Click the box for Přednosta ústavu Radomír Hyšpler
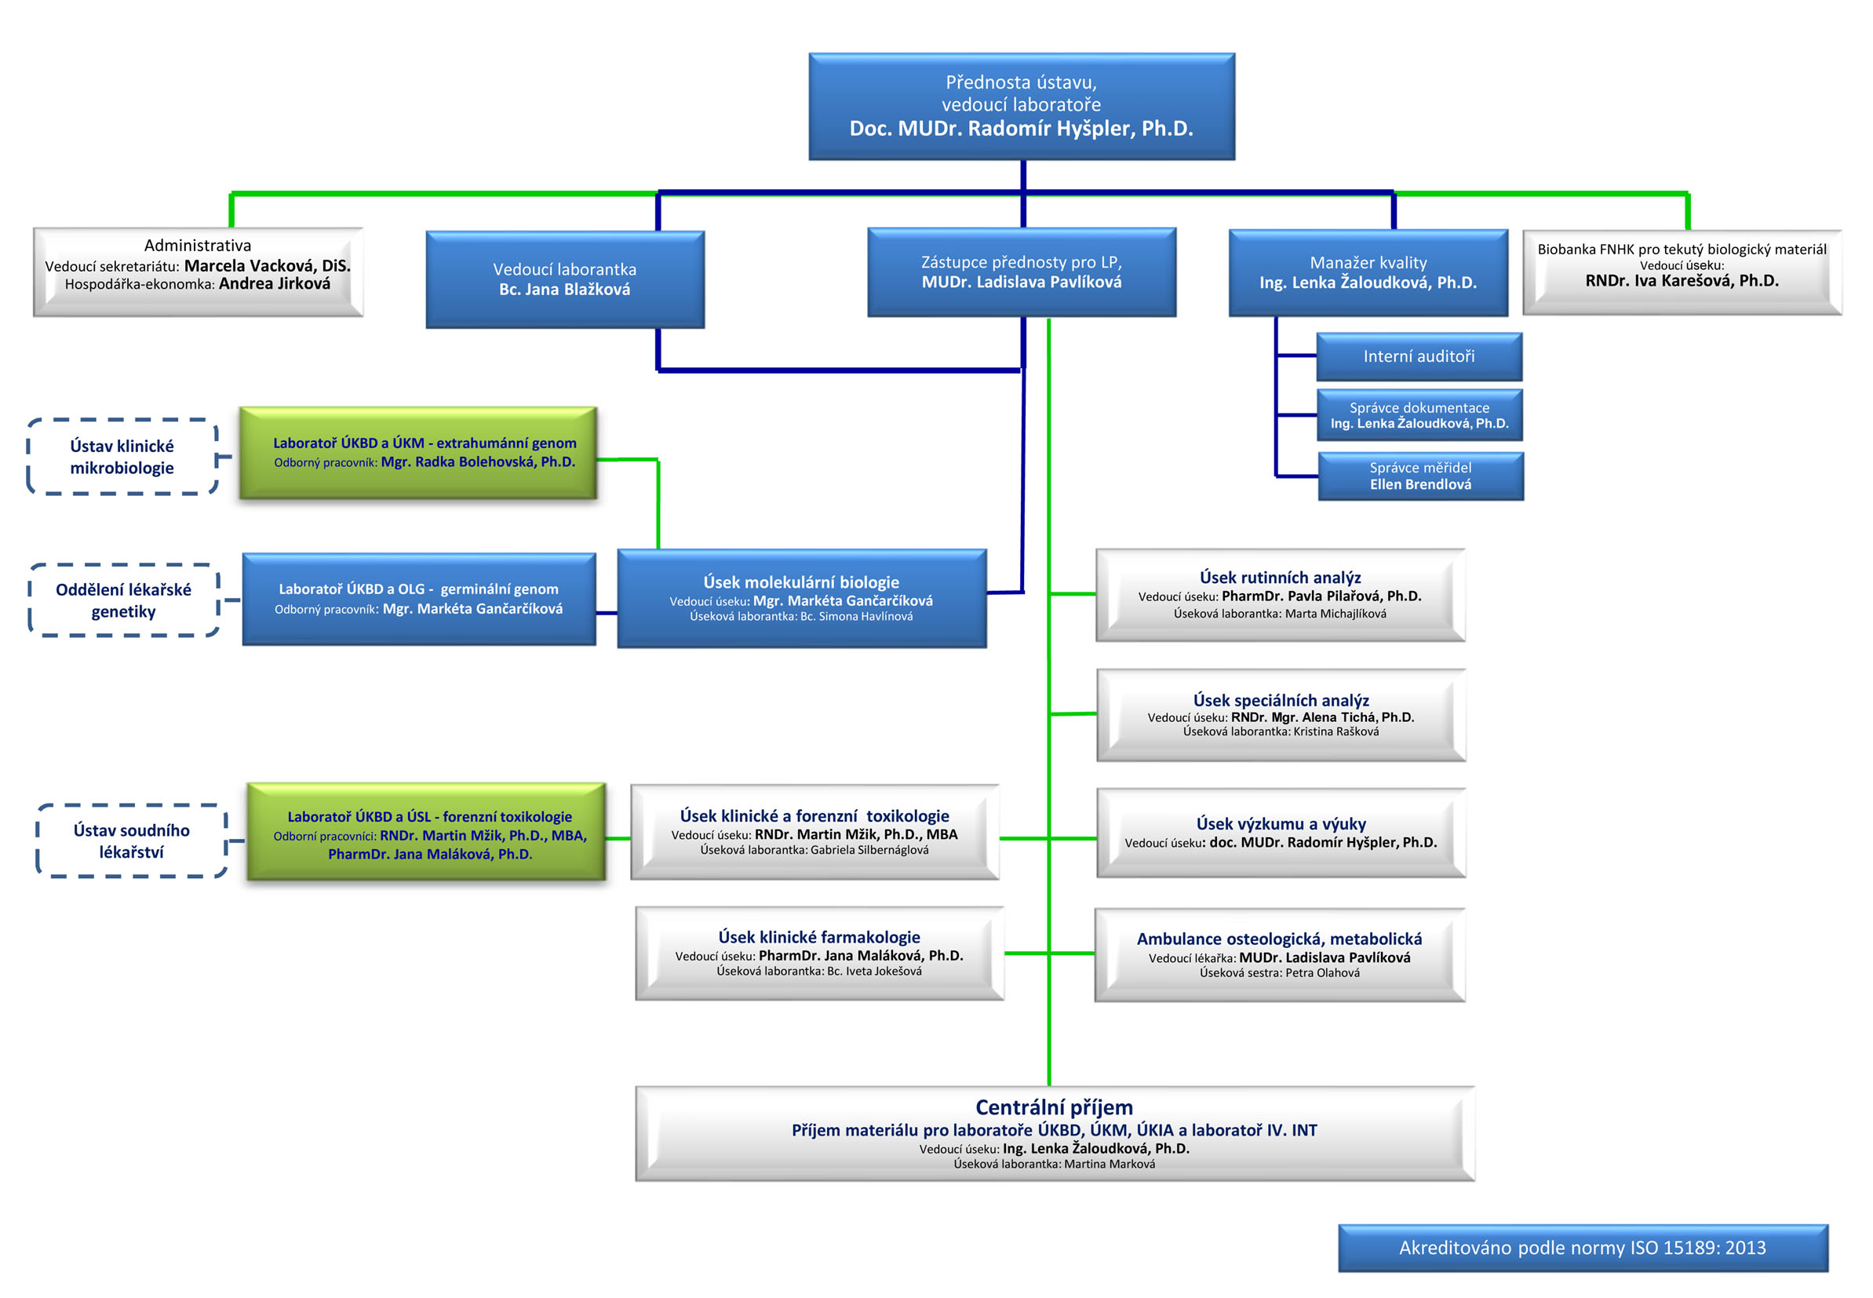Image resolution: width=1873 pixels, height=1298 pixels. pos(1021,107)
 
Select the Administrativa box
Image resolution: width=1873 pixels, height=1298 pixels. pos(199,272)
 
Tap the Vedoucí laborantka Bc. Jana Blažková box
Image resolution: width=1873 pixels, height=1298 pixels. pos(565,279)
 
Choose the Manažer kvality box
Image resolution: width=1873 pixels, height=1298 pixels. pos(1368,272)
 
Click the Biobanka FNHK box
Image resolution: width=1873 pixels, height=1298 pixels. pos(1682,272)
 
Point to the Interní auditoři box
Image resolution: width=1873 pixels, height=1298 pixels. pos(1419,356)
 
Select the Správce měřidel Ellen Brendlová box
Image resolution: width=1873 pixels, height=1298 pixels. pos(1420,476)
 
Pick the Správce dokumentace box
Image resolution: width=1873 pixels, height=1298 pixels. pos(1419,416)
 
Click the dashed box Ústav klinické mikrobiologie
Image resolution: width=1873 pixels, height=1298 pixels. pos(122,456)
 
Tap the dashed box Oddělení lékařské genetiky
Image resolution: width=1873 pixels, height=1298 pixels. pos(123,600)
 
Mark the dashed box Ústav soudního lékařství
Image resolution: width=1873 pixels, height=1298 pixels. pos(132,841)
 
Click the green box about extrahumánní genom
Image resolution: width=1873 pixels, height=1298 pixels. pos(418,453)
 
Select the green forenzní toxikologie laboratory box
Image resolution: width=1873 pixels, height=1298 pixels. pos(426,831)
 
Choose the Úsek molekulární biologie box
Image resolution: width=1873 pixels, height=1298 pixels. pos(802,599)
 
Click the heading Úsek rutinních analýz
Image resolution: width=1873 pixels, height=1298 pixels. pos(1281,578)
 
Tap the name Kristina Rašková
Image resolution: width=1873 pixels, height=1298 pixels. pos(1336,731)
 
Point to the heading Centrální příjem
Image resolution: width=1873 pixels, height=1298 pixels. pos(1055,1107)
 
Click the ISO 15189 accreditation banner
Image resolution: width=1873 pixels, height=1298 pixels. pos(1583,1248)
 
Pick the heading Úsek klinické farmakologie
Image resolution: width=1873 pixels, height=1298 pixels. pos(819,937)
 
